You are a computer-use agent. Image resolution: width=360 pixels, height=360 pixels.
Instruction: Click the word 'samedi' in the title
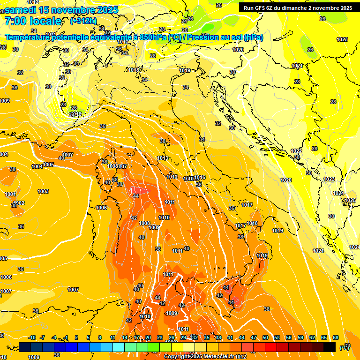(20, 10)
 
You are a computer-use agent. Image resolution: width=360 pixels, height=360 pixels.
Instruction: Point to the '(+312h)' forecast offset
(84, 21)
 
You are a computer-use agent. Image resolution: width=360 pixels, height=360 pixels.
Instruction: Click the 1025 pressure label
(350, 201)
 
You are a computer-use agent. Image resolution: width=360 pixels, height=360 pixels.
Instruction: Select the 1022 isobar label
(296, 151)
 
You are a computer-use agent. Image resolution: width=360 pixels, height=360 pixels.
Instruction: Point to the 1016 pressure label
(200, 178)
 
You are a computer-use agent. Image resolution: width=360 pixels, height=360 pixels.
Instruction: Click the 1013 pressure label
(163, 158)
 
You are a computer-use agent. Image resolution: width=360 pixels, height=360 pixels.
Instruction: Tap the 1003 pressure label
(43, 191)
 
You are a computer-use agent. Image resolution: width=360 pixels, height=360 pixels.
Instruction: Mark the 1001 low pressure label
(10, 194)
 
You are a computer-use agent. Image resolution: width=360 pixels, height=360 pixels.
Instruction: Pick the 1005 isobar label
(48, 165)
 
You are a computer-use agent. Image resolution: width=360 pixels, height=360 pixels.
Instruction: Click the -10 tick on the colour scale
(32, 338)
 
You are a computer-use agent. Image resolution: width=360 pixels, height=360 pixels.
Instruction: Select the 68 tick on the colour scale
(336, 338)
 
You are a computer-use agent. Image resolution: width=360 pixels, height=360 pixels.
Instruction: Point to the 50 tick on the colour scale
(265, 338)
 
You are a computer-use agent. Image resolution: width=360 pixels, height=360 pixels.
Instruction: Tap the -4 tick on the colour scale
(54, 338)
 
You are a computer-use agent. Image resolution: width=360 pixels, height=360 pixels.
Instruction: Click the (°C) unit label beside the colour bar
(345, 348)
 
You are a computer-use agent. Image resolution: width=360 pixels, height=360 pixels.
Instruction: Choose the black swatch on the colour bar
(330, 347)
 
